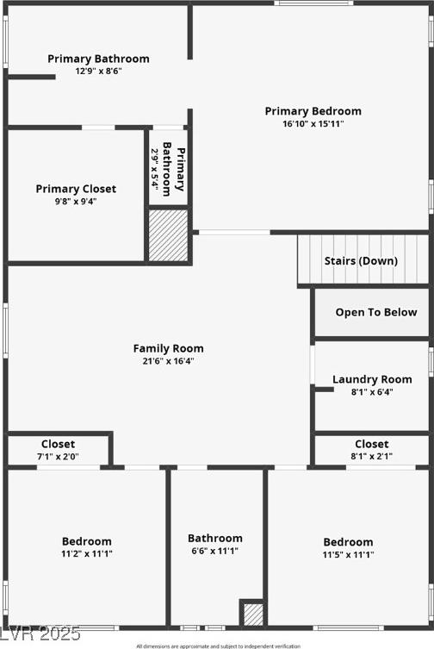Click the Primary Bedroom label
tap(313, 111)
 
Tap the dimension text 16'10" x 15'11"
tap(313, 124)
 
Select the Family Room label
tap(169, 348)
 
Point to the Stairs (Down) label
tap(361, 261)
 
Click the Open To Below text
tap(376, 312)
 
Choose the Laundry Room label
tap(372, 379)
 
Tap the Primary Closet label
tap(76, 189)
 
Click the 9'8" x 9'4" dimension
tap(76, 202)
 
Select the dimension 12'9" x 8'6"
tap(98, 71)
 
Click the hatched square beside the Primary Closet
tap(169, 235)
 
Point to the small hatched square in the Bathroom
tap(253, 615)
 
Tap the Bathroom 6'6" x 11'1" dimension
tap(215, 551)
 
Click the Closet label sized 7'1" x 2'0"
tap(58, 444)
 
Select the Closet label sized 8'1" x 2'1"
tap(371, 444)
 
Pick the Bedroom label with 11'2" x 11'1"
tap(87, 541)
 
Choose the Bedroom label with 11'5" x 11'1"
tap(349, 542)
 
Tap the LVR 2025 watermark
tap(40, 633)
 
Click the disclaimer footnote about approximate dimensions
tap(219, 646)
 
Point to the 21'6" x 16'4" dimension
tap(169, 361)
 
